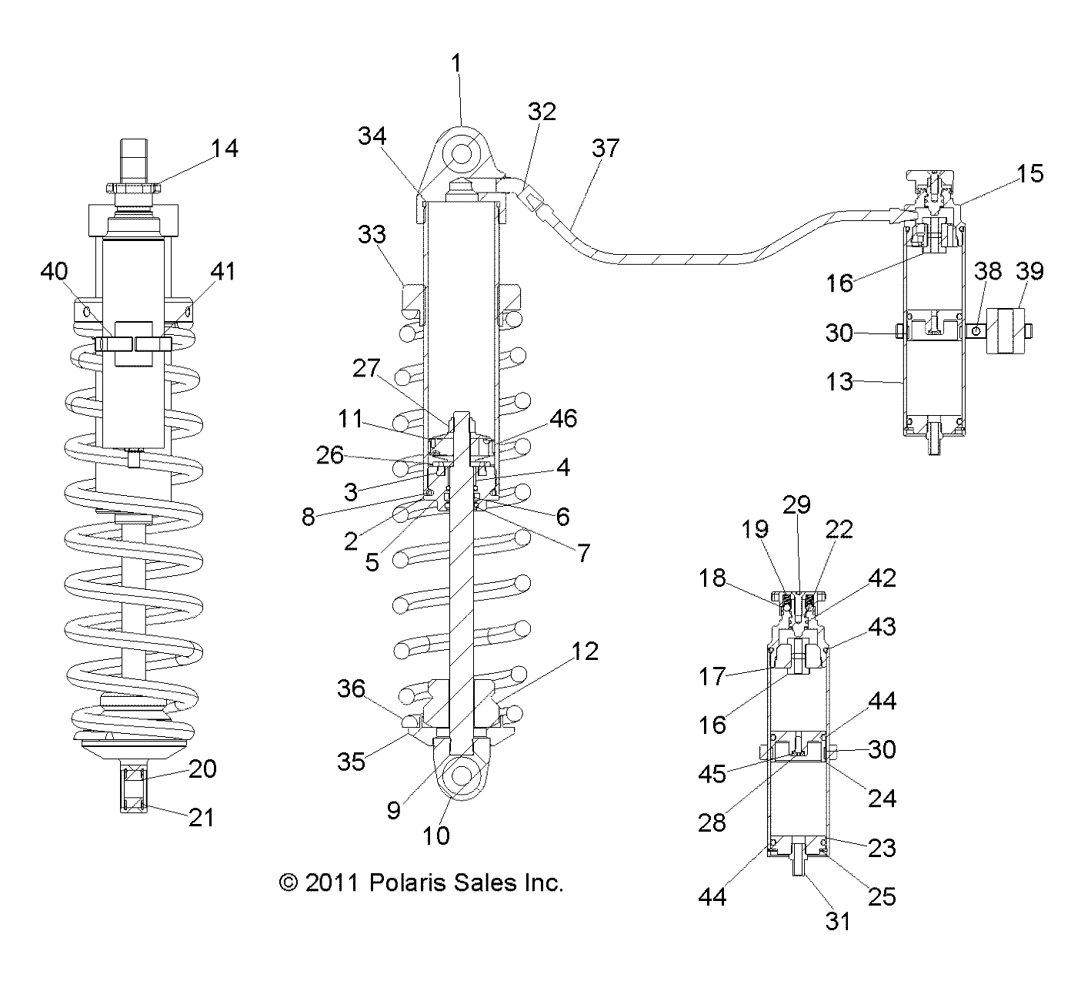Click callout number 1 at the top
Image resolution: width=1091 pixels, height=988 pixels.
pyautogui.click(x=456, y=63)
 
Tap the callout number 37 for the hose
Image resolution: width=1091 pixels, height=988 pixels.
pyautogui.click(x=606, y=148)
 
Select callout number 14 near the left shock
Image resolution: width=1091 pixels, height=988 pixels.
pyautogui.click(x=225, y=148)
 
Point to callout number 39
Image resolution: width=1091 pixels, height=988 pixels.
pyautogui.click(x=1029, y=271)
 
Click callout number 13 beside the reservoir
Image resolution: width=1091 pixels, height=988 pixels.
pyautogui.click(x=839, y=382)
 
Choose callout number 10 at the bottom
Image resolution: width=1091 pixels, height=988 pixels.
pyautogui.click(x=436, y=836)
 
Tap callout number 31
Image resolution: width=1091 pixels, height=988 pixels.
pyautogui.click(x=838, y=921)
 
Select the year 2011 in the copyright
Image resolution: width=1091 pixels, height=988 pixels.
pyautogui.click(x=332, y=883)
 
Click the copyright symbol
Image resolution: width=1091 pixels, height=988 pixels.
pyautogui.click(x=289, y=883)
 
